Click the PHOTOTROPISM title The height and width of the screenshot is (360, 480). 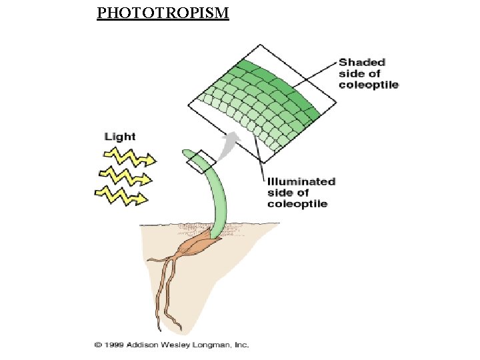point(163,13)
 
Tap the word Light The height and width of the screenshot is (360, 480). point(120,137)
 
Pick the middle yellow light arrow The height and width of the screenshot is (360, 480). point(126,177)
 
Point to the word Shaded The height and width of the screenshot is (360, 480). point(362,62)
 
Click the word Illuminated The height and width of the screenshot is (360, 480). point(301,181)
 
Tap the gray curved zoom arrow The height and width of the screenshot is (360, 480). point(229,142)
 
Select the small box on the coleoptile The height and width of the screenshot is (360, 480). point(201,160)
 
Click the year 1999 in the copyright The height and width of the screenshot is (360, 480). point(113,345)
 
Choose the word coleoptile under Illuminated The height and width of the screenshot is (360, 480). point(297,203)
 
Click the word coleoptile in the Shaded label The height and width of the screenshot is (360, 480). point(368,85)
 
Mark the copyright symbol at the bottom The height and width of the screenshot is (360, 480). point(97,345)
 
